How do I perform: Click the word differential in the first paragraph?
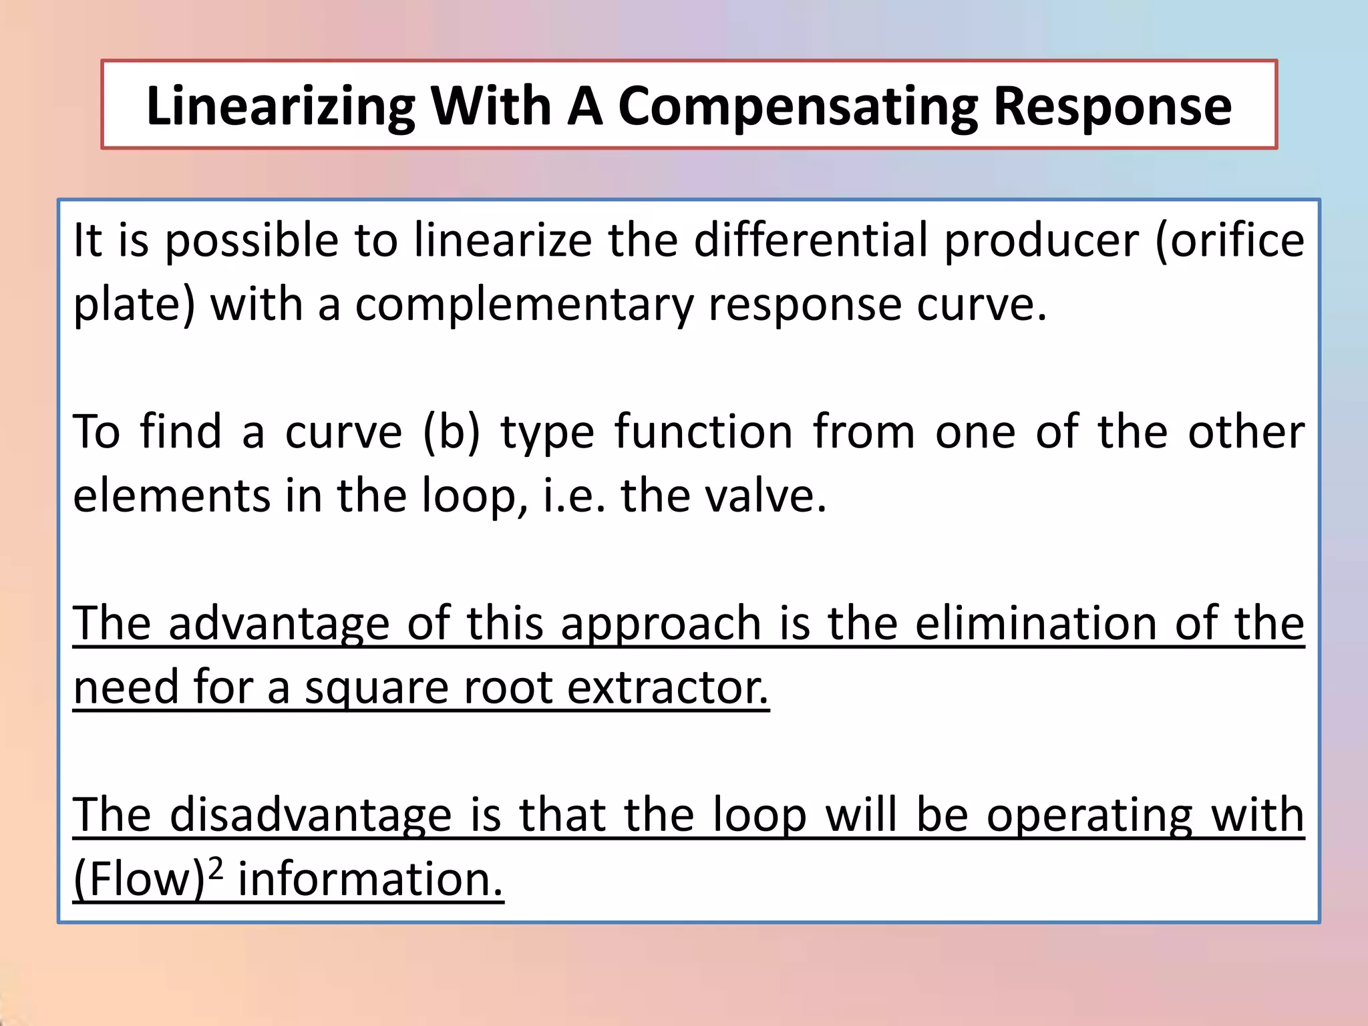coord(811,240)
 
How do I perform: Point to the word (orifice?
coord(1230,240)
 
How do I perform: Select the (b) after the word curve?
coord(452,432)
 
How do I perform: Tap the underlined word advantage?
coord(279,624)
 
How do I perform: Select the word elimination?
coord(1036,624)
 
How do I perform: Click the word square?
coord(377,688)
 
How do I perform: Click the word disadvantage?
coord(311,815)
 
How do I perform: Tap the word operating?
coord(1089,815)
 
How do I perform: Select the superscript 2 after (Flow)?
coord(214,868)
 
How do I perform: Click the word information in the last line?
coord(369,879)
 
